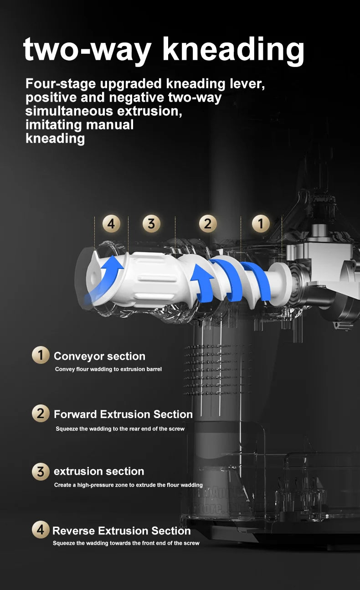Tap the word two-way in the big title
coord(87,50)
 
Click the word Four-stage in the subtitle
coord(61,84)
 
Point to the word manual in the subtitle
coord(109,125)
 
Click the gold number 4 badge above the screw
coord(111,224)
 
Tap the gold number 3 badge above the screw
coord(151,224)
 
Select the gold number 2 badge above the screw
coord(208,224)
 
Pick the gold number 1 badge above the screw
coord(261,224)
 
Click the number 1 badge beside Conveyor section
coord(41,355)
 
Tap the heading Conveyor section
coord(99,357)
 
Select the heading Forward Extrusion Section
coord(123,414)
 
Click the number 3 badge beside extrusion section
coord(41,471)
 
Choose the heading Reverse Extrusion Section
coord(122,531)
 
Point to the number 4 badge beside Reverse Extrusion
coord(41,529)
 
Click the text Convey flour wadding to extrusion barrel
coord(108,369)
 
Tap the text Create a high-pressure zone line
coord(129,485)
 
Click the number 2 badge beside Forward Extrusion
coord(41,414)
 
